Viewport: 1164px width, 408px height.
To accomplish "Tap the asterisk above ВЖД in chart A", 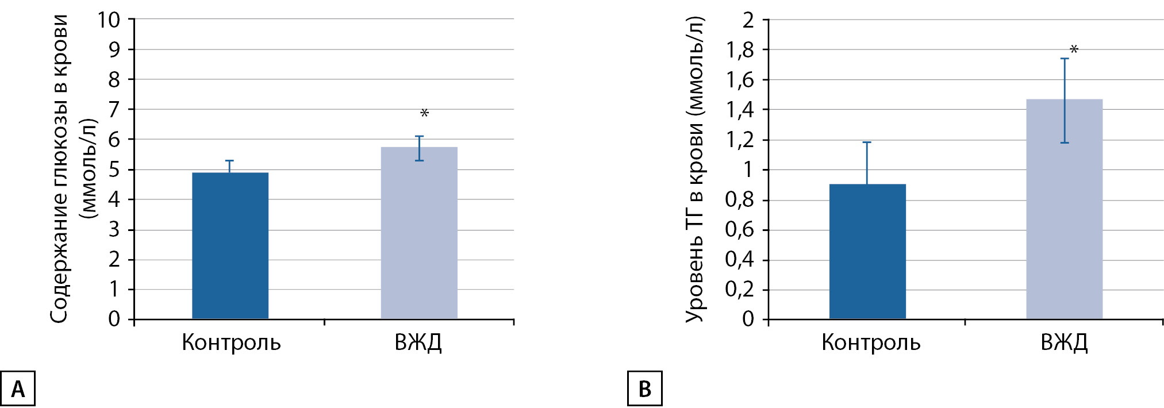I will (x=424, y=114).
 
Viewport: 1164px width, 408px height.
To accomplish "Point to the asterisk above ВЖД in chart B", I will (x=1073, y=50).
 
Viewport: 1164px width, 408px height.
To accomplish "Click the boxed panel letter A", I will (x=18, y=389).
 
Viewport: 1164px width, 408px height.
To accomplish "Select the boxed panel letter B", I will (x=644, y=389).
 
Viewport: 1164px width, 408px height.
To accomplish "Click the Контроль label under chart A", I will (x=231, y=342).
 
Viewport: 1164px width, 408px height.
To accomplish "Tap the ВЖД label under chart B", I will (x=1064, y=342).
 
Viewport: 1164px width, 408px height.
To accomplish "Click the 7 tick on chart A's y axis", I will (x=114, y=109).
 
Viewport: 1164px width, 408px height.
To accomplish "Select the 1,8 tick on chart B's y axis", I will (x=739, y=51).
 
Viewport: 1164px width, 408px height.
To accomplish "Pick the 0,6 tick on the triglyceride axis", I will (x=739, y=230).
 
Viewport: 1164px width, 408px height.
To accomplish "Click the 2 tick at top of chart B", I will (x=748, y=20).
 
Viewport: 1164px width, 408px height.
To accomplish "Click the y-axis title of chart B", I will (x=695, y=169).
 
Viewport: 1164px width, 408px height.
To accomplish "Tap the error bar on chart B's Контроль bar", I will (x=867, y=163).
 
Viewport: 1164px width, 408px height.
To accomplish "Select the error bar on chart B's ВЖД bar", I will (x=1065, y=101).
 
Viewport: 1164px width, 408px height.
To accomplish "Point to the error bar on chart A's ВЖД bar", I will (x=419, y=148).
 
